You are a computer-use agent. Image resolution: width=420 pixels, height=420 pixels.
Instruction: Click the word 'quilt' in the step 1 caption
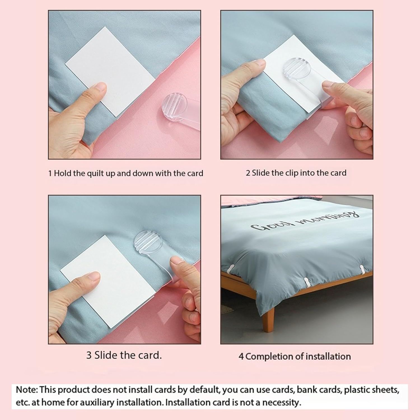[x=95, y=173]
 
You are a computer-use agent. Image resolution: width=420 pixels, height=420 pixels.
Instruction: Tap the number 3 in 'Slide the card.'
[x=89, y=355]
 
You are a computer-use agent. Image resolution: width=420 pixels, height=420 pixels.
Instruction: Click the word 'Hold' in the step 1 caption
[x=63, y=173]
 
